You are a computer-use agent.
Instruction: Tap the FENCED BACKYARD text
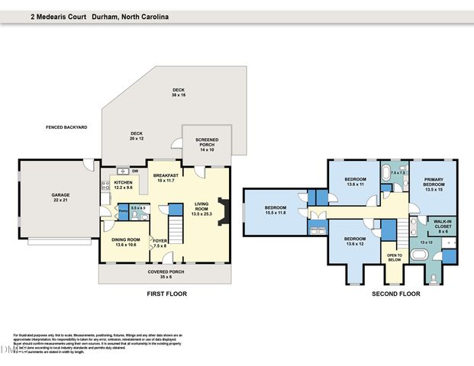pos(66,127)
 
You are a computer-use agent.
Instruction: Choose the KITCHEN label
pos(123,183)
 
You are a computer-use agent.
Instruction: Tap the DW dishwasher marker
pos(135,171)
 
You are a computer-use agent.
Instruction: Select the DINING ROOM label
pos(125,240)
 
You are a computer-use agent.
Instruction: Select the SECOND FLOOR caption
pos(395,294)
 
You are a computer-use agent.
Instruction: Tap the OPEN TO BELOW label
pos(394,257)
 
